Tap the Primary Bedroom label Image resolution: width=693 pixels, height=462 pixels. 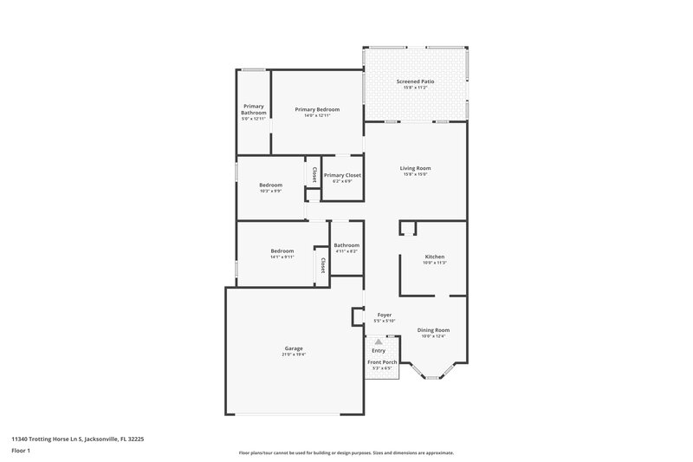317,109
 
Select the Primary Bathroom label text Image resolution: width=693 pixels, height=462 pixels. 253,109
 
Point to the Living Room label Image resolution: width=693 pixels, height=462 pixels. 415,168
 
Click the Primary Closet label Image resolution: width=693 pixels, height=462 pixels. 342,175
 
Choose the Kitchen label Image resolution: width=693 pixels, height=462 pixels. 434,257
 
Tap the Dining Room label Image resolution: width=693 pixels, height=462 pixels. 433,329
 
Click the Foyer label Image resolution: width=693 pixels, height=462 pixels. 384,315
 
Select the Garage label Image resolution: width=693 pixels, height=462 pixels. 293,348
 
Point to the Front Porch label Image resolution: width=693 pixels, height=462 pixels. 382,361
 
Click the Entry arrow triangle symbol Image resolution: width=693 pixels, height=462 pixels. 379,342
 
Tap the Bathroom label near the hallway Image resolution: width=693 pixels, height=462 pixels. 346,245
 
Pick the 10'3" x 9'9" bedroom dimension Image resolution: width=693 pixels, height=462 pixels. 270,191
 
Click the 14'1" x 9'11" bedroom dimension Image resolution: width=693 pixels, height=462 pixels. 282,257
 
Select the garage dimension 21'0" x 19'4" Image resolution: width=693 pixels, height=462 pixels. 293,355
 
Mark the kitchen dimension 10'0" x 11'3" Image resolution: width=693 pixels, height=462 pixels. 434,263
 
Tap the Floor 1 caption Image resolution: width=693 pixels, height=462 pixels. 22,452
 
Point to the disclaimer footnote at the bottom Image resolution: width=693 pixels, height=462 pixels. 346,452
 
